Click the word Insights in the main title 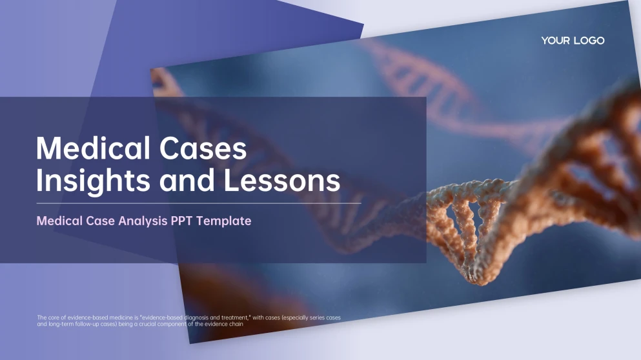coord(86,181)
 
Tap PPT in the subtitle coord(181,221)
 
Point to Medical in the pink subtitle coord(59,221)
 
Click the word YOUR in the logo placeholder coord(555,41)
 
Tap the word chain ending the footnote coord(234,324)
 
